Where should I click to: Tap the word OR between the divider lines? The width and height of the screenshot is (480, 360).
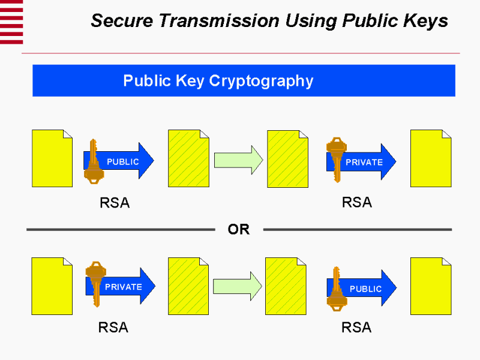click(x=238, y=229)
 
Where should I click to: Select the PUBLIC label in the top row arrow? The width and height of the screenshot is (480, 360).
click(x=122, y=161)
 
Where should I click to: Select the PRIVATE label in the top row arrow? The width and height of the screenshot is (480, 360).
click(x=364, y=162)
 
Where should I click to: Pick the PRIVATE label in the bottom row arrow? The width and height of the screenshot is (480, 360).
click(x=123, y=287)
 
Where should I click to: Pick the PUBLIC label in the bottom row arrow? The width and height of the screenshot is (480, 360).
click(x=365, y=289)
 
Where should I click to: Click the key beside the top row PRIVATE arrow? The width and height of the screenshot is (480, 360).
click(x=336, y=157)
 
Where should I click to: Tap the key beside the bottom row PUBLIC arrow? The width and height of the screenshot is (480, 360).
click(x=337, y=287)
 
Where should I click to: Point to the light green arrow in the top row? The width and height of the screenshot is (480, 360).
click(x=238, y=161)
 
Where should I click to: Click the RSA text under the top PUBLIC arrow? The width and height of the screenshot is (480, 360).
click(x=115, y=203)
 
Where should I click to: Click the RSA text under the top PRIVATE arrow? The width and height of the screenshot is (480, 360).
click(x=357, y=202)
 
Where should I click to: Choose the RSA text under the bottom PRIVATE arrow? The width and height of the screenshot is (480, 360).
click(x=113, y=328)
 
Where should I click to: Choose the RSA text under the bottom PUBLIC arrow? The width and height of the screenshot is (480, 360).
click(x=356, y=328)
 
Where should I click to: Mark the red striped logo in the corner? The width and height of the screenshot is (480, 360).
click(x=11, y=22)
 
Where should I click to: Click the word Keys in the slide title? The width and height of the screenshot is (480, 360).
click(x=426, y=21)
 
